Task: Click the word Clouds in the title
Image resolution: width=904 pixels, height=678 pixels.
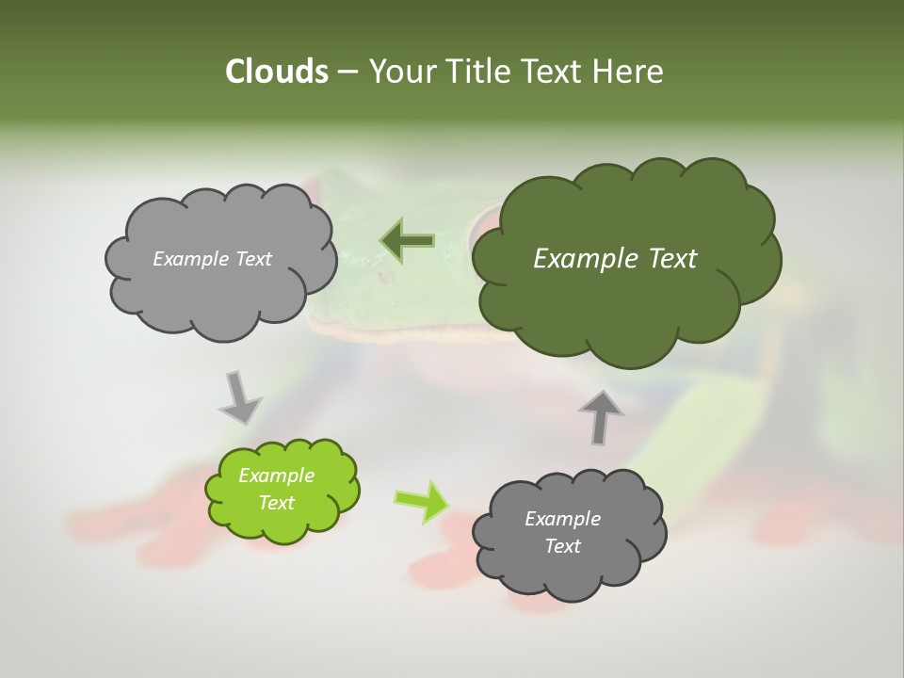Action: (x=276, y=72)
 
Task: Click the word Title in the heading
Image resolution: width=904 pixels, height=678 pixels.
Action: (x=479, y=72)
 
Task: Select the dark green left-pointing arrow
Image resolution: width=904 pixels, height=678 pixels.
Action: (x=406, y=241)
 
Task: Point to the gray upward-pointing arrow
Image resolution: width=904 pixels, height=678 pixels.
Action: (x=601, y=416)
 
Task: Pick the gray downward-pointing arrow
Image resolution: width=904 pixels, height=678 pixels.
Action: (x=239, y=396)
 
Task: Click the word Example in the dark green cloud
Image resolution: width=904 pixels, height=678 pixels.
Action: (x=582, y=259)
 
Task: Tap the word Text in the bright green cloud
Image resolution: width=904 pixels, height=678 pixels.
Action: (x=277, y=503)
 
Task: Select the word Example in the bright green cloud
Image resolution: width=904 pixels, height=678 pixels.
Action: (x=277, y=476)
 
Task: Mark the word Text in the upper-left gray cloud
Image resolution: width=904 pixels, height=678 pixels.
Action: (x=253, y=259)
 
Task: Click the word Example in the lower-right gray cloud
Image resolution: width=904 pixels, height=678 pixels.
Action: (x=562, y=519)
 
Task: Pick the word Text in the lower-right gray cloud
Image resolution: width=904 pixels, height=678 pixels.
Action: (x=562, y=546)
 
